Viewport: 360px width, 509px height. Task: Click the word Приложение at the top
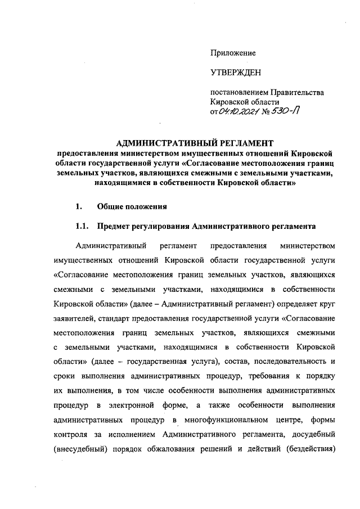tap(233, 53)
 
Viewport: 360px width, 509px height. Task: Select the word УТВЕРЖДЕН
tap(235, 73)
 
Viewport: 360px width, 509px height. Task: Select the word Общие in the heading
tap(110, 206)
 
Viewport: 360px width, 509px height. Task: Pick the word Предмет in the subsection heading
tap(115, 227)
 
